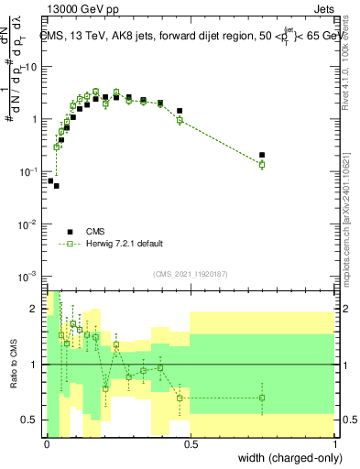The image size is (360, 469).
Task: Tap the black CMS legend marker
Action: click(69, 232)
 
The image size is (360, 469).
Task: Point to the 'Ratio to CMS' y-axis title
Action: click(14, 363)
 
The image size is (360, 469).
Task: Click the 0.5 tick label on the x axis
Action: click(191, 442)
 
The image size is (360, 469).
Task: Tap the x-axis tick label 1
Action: click(335, 442)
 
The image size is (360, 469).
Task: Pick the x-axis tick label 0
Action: click(48, 442)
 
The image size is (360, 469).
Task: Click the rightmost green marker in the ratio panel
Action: click(262, 398)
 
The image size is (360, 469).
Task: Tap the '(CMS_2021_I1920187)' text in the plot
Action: click(190, 273)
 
